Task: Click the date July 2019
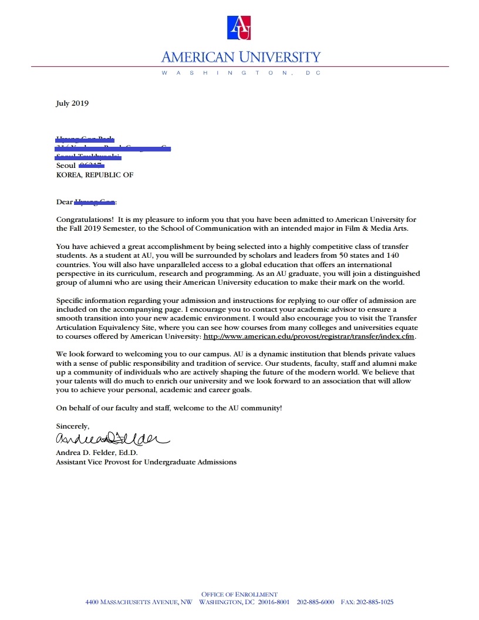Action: click(72, 103)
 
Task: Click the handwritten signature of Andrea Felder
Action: click(112, 439)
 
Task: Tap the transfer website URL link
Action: click(309, 336)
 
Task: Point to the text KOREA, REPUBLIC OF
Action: click(95, 175)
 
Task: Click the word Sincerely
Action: click(73, 426)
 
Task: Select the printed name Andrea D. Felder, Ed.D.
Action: click(97, 453)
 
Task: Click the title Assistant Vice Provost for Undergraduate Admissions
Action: click(146, 462)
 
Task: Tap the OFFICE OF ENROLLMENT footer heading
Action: click(239, 595)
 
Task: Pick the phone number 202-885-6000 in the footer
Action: click(315, 602)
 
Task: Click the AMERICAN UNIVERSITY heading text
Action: click(241, 57)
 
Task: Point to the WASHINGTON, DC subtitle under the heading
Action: click(240, 73)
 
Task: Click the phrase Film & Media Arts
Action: click(382, 228)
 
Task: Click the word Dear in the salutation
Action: click(64, 202)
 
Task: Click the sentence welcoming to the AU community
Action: click(169, 407)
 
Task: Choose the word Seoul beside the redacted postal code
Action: click(66, 166)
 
